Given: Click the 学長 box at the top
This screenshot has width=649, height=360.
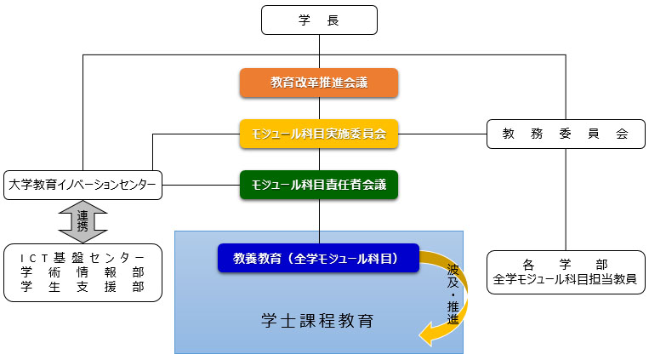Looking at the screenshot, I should (x=319, y=20).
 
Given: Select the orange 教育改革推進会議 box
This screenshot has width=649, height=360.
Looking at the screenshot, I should (x=319, y=83).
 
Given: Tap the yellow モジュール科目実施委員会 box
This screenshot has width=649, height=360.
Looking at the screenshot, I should (x=319, y=133).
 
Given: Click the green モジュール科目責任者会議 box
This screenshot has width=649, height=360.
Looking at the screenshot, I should (x=319, y=183).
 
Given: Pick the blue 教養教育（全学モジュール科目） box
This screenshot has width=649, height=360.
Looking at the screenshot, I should (x=319, y=257).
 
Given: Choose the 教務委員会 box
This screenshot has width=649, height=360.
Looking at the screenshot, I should (x=565, y=134).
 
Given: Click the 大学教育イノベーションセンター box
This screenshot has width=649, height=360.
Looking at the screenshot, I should (x=83, y=184).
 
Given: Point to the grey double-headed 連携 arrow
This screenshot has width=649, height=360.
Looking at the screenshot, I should (x=83, y=220).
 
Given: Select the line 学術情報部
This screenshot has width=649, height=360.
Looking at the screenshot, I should (x=83, y=271).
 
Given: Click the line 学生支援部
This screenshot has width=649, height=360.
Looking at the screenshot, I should (x=83, y=287).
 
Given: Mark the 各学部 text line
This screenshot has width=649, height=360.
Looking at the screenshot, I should (x=565, y=263).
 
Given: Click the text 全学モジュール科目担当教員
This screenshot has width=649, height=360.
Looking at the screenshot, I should (x=565, y=278).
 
